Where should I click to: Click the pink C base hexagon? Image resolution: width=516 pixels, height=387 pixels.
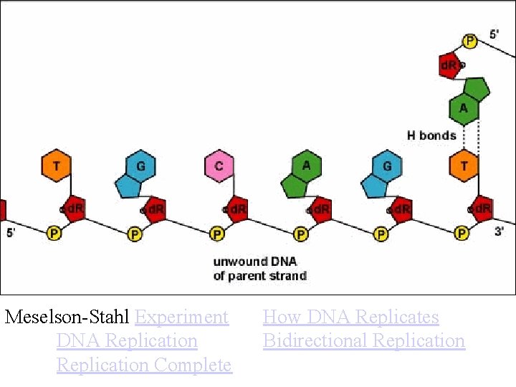coord(219,166)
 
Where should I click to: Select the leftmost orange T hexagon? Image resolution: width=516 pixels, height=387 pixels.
coord(56,166)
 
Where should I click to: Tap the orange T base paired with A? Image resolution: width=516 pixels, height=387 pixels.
coord(464,166)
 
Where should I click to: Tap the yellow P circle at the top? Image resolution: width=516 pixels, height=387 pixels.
coord(469,42)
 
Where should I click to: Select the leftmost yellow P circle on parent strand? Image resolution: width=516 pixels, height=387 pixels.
coord(54,233)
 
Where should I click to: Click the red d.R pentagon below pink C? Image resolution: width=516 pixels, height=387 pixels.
coord(237,209)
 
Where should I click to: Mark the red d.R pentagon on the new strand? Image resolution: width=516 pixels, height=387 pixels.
coord(449,66)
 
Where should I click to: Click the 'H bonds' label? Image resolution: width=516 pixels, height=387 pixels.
coord(431,135)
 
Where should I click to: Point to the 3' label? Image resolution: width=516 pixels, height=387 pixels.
coord(499,231)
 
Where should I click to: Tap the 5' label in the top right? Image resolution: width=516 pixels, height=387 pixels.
coord(496,34)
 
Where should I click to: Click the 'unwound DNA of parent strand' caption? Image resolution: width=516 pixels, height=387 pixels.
coord(259,269)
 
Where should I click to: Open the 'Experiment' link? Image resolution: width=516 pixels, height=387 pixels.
coord(181,317)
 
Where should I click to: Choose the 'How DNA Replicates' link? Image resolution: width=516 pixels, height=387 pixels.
coord(350,317)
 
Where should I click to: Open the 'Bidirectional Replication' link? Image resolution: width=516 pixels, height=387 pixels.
coord(363,340)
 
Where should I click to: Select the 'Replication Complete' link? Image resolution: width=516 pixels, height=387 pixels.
coord(144,365)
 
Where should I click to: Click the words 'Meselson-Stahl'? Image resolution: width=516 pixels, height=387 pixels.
coord(67,317)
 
